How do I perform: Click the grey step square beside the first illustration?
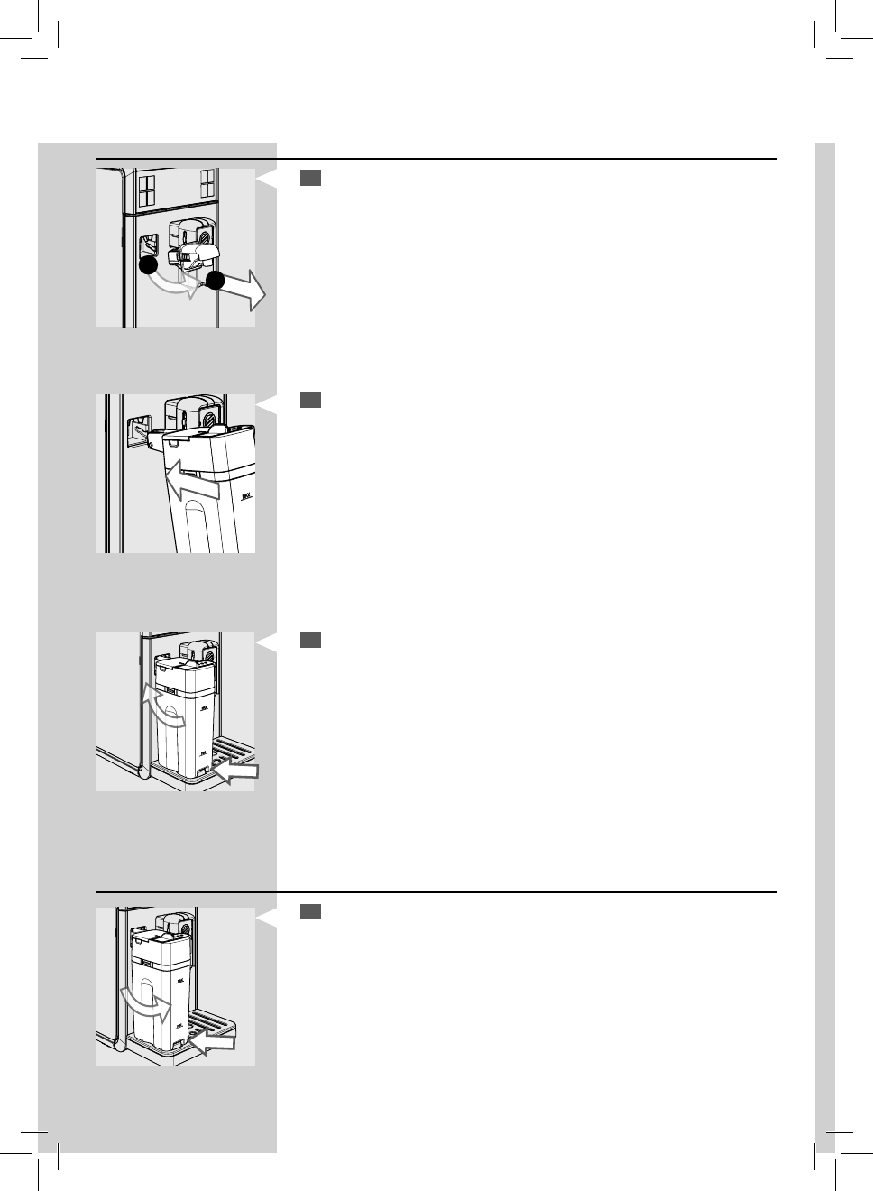pos(310,179)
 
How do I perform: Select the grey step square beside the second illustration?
pos(310,400)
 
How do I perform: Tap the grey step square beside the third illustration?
pos(310,640)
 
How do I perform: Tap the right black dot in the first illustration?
pos(215,280)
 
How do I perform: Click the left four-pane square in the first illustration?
pos(147,189)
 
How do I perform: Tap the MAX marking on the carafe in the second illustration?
pos(245,496)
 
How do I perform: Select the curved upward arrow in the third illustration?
pos(161,707)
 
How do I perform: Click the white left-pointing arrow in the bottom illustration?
pos(213,1045)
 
